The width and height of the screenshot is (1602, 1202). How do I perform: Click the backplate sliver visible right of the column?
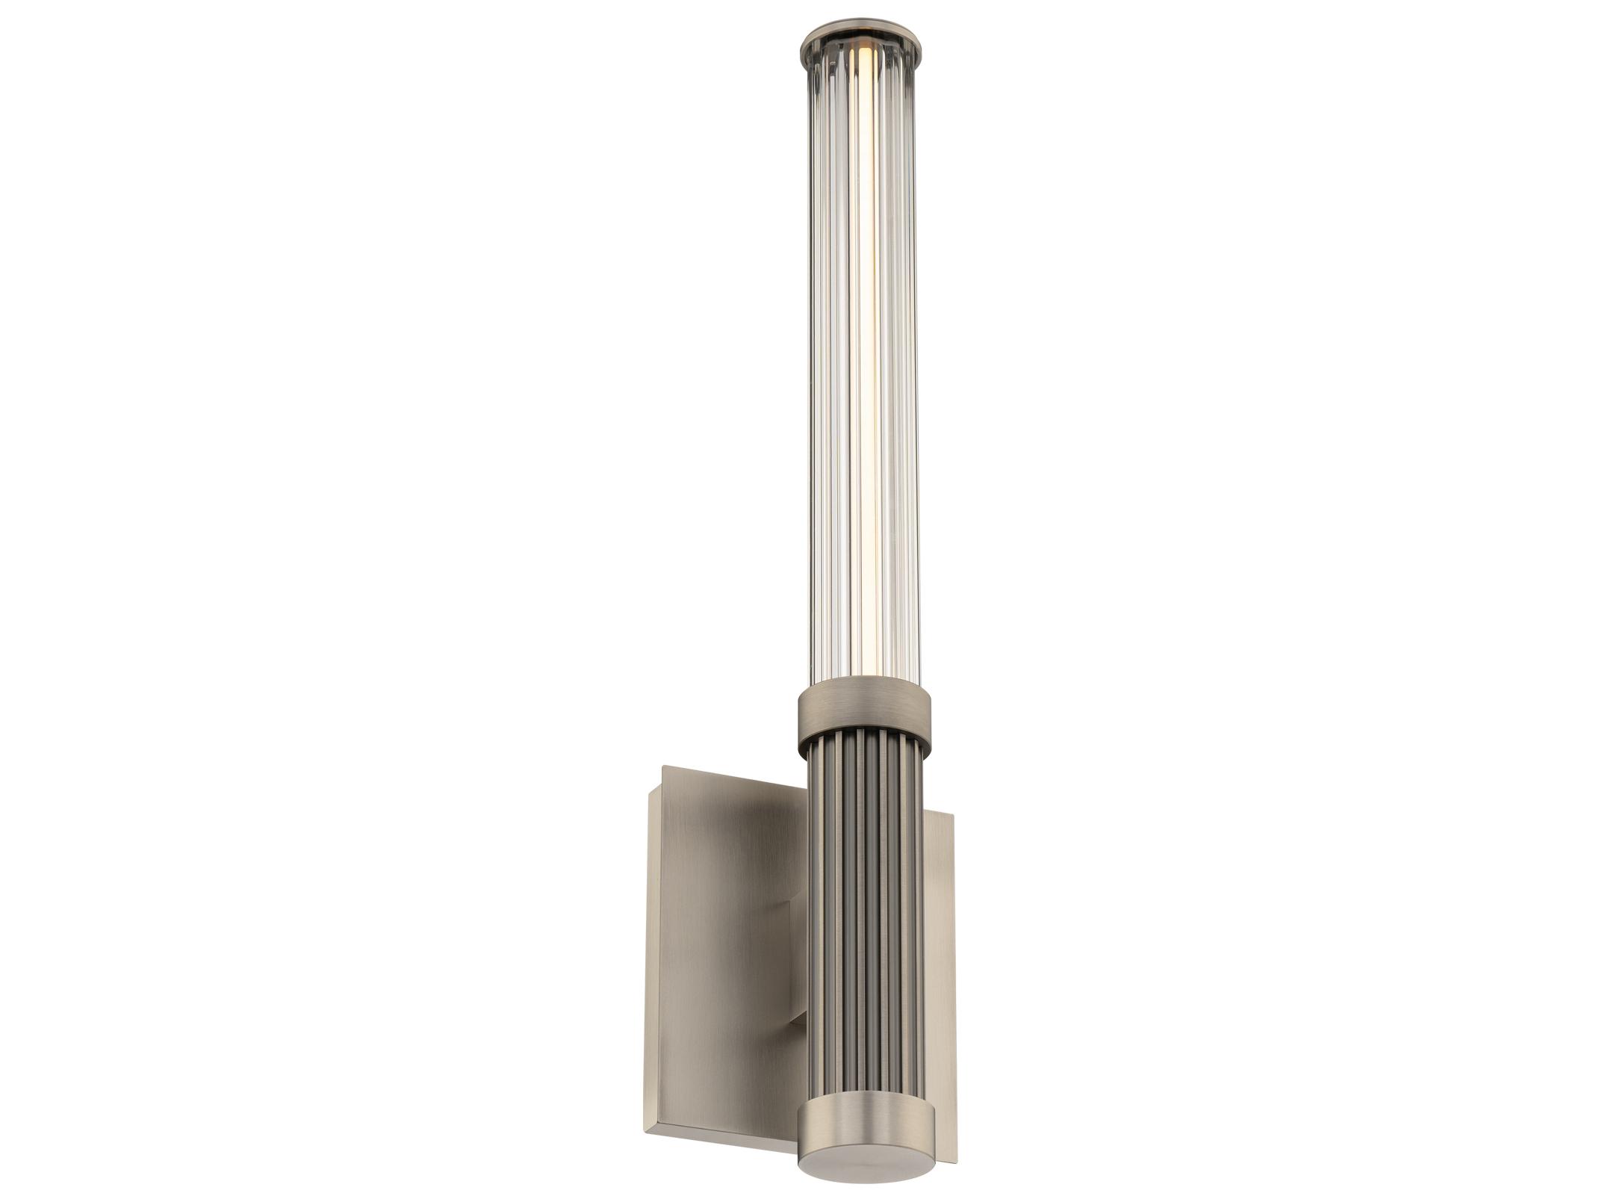[943, 934]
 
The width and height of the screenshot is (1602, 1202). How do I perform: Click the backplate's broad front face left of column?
[717, 971]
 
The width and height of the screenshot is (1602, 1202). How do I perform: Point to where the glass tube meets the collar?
[863, 679]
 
